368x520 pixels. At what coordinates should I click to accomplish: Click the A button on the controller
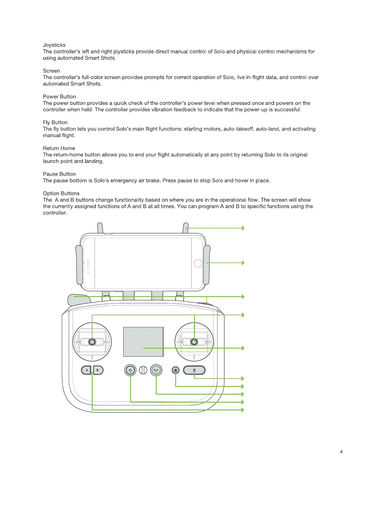(87, 370)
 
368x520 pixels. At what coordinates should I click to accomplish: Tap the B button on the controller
(98, 370)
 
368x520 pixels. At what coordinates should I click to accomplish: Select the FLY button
(156, 370)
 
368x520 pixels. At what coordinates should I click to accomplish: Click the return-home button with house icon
(176, 370)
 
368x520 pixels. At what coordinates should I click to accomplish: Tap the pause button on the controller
(194, 370)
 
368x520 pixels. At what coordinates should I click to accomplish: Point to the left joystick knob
(92, 342)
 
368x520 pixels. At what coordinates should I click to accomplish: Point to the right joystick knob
(194, 342)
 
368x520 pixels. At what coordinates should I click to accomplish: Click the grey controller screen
(143, 342)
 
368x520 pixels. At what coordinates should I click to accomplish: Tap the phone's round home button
(198, 263)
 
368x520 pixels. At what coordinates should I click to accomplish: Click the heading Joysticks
(54, 45)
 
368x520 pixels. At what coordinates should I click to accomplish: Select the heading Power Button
(59, 97)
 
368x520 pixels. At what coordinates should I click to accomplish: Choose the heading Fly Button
(55, 123)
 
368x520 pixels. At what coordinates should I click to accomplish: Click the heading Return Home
(59, 148)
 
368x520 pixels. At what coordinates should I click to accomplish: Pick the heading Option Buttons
(61, 194)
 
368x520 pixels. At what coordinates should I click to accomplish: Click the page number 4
(341, 452)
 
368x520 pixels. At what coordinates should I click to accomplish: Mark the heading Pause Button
(59, 174)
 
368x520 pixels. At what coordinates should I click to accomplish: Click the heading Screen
(51, 71)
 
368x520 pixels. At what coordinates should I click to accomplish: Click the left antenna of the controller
(100, 228)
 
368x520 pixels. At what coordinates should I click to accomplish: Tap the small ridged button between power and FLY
(143, 370)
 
